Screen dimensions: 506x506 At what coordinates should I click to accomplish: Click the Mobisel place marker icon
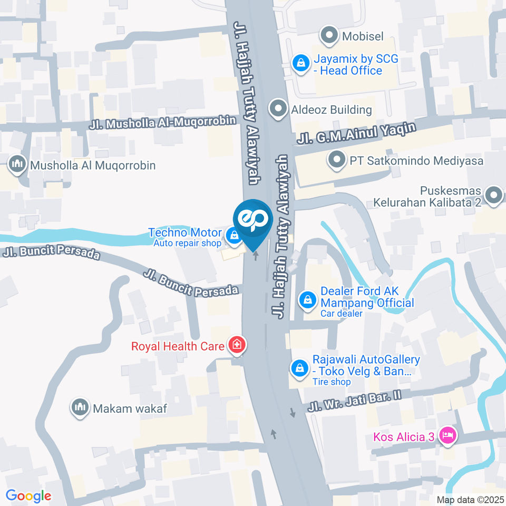330,36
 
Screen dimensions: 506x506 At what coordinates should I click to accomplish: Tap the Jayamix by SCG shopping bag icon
300,64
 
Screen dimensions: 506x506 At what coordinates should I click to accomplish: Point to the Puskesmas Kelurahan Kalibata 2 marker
493,196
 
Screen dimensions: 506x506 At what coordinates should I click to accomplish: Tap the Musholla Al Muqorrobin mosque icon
18,165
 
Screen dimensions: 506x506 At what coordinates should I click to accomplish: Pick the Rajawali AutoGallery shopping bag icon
299,368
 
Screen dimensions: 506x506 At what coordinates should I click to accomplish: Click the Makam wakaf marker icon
80,407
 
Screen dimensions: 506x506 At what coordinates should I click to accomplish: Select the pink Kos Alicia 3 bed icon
448,436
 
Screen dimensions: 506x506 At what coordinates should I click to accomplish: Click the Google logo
28,495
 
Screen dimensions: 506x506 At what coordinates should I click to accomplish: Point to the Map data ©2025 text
470,500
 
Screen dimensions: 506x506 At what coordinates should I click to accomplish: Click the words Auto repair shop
187,244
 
